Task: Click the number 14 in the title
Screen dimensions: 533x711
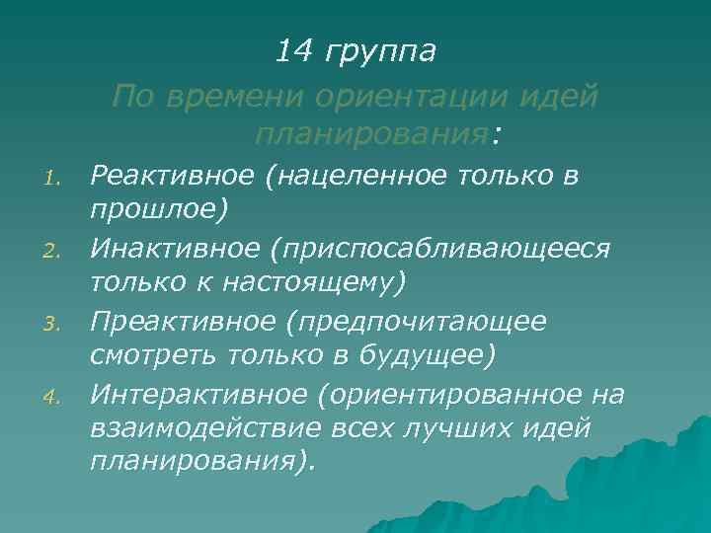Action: coord(292,49)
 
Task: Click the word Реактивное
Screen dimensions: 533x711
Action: coord(173,176)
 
